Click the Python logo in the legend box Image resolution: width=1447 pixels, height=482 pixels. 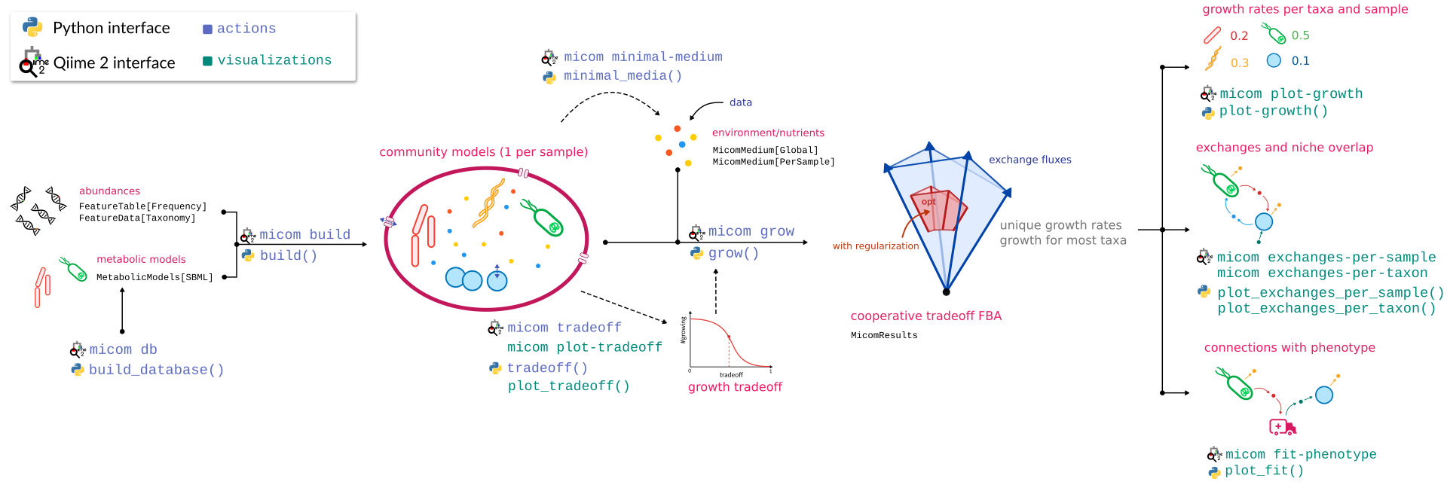click(32, 27)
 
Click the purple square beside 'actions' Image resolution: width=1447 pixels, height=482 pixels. click(207, 29)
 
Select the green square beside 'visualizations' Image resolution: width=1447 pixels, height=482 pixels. click(207, 61)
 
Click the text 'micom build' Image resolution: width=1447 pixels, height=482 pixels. click(304, 235)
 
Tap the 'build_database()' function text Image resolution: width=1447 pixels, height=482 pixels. click(156, 370)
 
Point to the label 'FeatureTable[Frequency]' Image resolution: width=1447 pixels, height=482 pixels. click(142, 206)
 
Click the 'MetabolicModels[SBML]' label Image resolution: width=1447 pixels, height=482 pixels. click(154, 277)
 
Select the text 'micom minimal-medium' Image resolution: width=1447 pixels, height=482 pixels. click(643, 57)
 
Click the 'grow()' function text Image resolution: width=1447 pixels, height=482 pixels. click(733, 254)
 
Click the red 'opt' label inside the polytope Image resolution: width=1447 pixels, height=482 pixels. click(928, 202)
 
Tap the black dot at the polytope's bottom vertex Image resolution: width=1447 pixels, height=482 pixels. click(946, 291)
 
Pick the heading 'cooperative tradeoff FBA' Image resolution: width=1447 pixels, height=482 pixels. click(925, 316)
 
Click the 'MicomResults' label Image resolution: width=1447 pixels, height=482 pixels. click(884, 336)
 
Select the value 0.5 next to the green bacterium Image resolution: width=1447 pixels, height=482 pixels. click(1300, 35)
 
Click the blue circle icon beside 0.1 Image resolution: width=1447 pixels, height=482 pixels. click(1274, 60)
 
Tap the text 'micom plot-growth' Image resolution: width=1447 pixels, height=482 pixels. click(1291, 94)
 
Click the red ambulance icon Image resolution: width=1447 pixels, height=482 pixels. click(1282, 427)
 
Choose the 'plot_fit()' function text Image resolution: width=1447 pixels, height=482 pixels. click(1264, 471)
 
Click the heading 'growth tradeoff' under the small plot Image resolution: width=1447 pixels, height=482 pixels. click(735, 387)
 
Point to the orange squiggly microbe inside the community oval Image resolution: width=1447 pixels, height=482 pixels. click(488, 202)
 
